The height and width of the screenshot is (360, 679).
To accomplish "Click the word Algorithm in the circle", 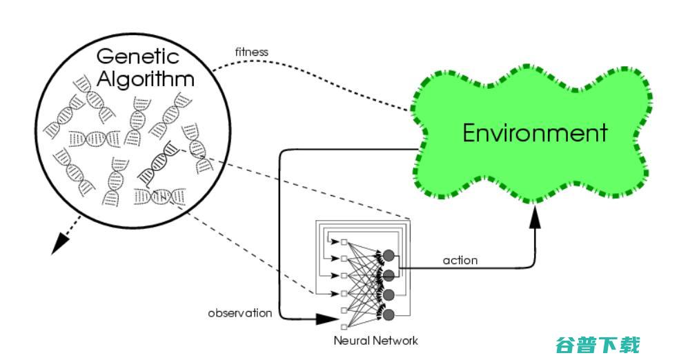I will (x=145, y=78).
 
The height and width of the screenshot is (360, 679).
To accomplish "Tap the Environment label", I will (x=535, y=132).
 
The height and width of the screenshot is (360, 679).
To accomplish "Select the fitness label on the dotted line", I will (x=251, y=52).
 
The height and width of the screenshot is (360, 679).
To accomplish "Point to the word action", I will (x=460, y=260).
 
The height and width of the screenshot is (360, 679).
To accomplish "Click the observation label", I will (x=240, y=313).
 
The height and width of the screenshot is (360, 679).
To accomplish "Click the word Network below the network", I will (x=395, y=340).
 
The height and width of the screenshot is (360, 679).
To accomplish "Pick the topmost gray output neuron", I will (x=388, y=256).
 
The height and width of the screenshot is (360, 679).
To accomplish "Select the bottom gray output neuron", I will (x=388, y=315).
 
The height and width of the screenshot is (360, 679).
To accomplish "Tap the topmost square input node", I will (x=343, y=242).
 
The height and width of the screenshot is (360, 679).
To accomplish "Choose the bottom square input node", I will (x=343, y=326).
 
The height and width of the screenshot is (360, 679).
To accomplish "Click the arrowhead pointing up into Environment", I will (x=535, y=217).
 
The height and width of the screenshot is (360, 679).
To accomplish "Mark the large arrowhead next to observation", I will (x=324, y=319).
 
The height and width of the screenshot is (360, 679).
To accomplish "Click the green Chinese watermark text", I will (x=597, y=344).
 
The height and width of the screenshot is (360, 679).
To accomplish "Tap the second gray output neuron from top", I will (x=388, y=275).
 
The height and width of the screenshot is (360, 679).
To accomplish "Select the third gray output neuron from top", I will (x=388, y=295).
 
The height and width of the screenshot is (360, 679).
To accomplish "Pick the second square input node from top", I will (x=343, y=259).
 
